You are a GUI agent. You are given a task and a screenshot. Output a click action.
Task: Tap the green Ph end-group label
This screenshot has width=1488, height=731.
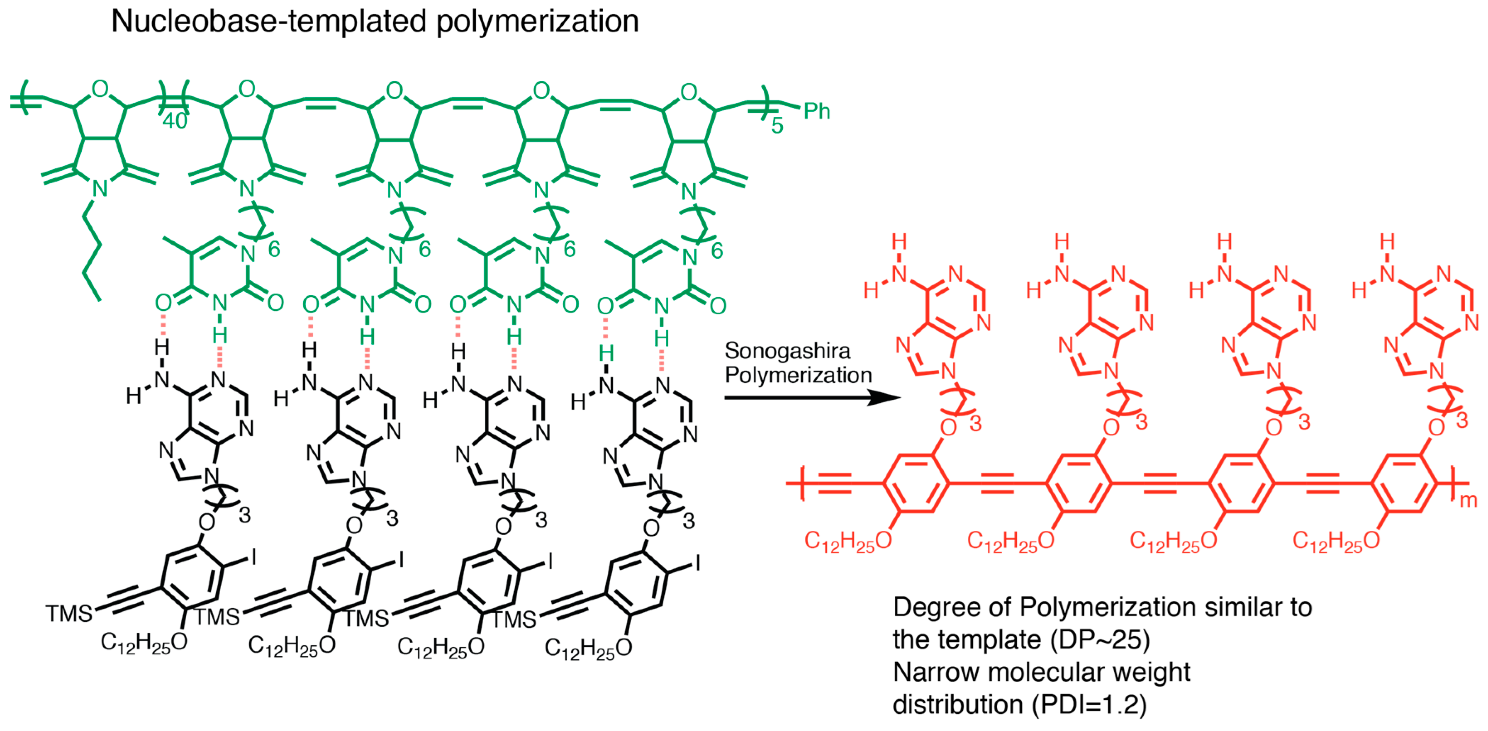[816, 111]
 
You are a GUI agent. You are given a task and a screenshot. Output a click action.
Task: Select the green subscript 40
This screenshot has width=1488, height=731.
[175, 121]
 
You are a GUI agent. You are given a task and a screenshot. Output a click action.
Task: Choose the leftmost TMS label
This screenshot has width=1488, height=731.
[69, 613]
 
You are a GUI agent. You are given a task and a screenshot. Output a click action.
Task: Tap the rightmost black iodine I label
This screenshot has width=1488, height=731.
[698, 563]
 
